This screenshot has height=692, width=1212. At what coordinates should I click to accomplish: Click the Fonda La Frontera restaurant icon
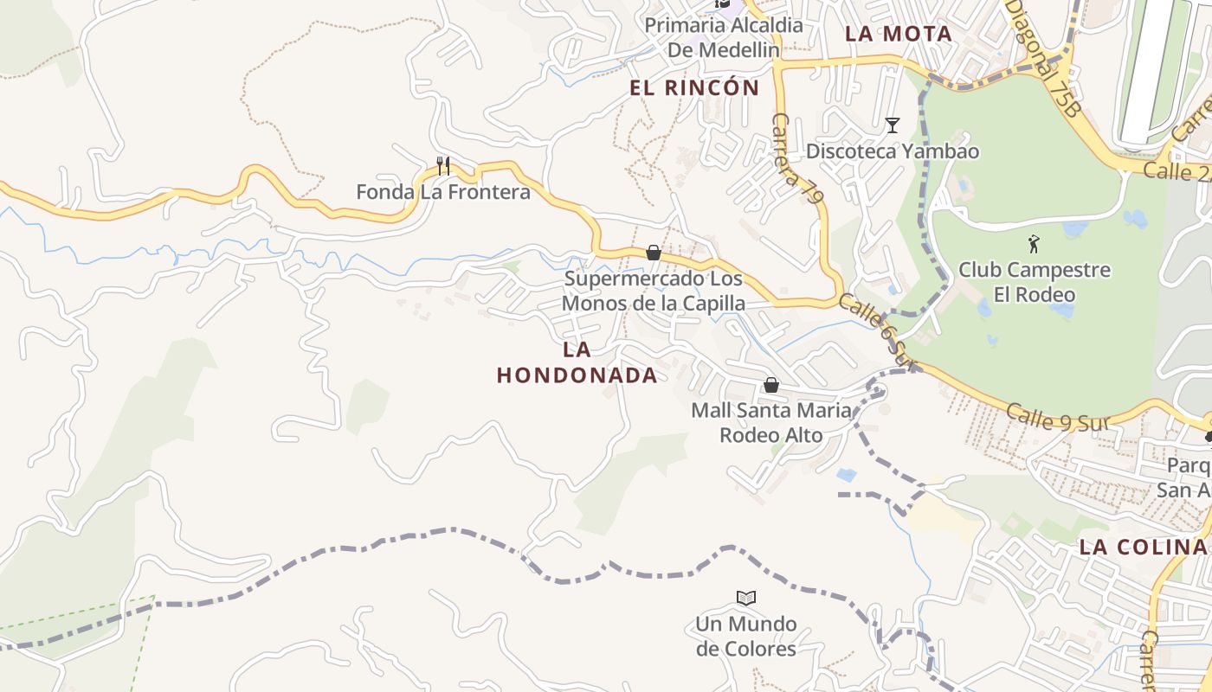[x=443, y=165]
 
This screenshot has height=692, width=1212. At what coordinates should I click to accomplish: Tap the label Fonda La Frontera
[x=443, y=192]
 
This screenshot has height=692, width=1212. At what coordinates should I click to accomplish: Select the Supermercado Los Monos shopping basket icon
[x=654, y=253]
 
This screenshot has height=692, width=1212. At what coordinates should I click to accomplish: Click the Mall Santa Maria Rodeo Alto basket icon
[x=770, y=385]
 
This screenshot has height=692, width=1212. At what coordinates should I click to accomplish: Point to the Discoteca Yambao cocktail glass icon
[x=893, y=125]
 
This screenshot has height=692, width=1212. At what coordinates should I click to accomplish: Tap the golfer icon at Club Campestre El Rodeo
[x=1034, y=244]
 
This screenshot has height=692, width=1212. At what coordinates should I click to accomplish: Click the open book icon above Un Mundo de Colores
[x=745, y=598]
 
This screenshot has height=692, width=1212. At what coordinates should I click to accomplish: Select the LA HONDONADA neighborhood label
[x=577, y=362]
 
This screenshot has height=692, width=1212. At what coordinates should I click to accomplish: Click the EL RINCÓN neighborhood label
[x=694, y=87]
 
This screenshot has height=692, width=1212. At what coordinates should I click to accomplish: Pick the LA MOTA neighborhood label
[x=899, y=34]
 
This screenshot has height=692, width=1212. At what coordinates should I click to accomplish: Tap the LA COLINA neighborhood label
[x=1143, y=547]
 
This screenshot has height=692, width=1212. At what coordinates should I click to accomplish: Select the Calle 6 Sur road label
[x=875, y=329]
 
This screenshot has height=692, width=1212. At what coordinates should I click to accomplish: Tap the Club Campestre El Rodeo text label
[x=1034, y=282]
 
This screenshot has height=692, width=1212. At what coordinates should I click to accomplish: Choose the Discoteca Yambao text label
[x=893, y=151]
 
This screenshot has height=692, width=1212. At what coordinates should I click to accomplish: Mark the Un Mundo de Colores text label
[x=745, y=636]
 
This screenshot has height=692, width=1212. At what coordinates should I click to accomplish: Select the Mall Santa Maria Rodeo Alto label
[x=770, y=422]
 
